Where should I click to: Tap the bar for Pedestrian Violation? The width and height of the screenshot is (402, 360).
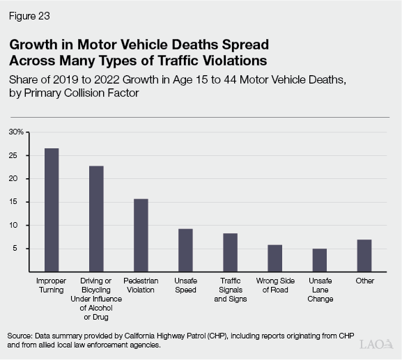click(141, 235)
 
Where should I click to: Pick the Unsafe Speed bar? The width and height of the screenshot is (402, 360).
click(185, 250)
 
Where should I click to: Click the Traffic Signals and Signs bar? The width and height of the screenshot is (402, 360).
click(230, 252)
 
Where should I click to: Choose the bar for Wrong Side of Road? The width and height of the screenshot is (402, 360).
click(275, 258)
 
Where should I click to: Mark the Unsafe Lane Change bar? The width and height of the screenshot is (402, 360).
click(319, 260)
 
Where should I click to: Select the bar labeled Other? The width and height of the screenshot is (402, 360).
click(364, 256)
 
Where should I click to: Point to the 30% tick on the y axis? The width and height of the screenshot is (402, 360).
click(16, 132)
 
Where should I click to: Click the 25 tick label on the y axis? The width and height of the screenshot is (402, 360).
click(20, 155)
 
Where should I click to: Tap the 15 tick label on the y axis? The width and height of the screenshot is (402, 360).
click(20, 202)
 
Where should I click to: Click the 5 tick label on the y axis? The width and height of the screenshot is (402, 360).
click(22, 249)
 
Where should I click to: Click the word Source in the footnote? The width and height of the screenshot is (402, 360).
click(22, 336)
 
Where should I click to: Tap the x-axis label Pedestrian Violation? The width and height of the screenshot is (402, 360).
click(141, 285)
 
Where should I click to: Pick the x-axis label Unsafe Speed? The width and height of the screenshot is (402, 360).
click(185, 285)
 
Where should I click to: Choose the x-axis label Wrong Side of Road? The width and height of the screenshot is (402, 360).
click(275, 285)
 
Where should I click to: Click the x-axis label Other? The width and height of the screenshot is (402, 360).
click(364, 281)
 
